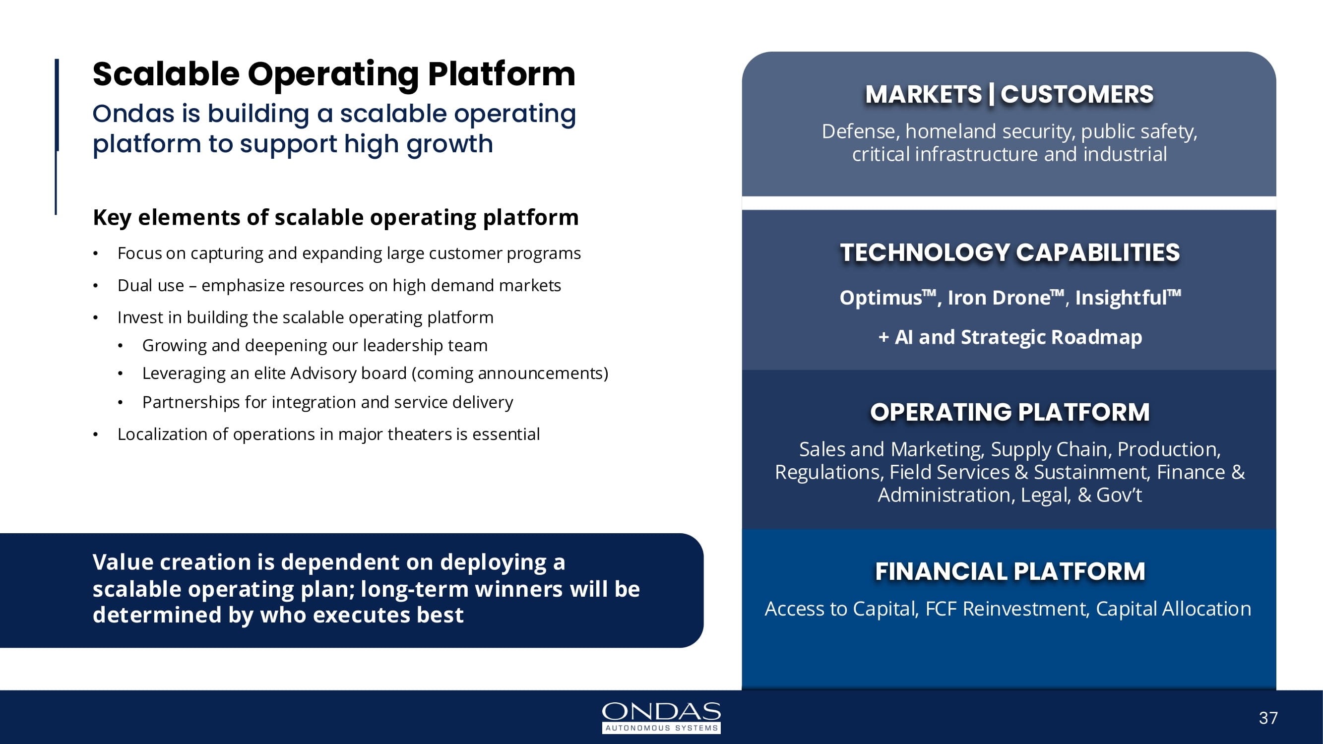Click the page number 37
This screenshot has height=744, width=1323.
click(x=1268, y=717)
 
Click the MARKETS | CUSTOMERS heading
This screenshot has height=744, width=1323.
click(x=1009, y=94)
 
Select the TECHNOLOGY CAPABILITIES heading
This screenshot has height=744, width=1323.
click(x=1009, y=252)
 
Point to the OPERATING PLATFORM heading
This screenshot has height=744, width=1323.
click(x=1009, y=412)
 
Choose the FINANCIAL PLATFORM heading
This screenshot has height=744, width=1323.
click(x=1009, y=571)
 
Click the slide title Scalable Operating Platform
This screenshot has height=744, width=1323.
click(x=334, y=74)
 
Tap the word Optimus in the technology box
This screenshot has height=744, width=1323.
click(x=881, y=298)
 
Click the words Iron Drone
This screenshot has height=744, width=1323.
click(x=999, y=298)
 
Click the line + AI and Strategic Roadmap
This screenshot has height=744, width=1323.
click(x=1009, y=337)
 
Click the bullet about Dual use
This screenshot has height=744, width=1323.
click(x=339, y=286)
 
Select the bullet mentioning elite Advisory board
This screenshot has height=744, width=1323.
click(x=375, y=373)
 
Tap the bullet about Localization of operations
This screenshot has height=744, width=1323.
click(x=329, y=434)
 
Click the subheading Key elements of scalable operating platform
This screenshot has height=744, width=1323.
click(x=335, y=218)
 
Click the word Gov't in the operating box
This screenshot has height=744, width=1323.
click(x=1119, y=495)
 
